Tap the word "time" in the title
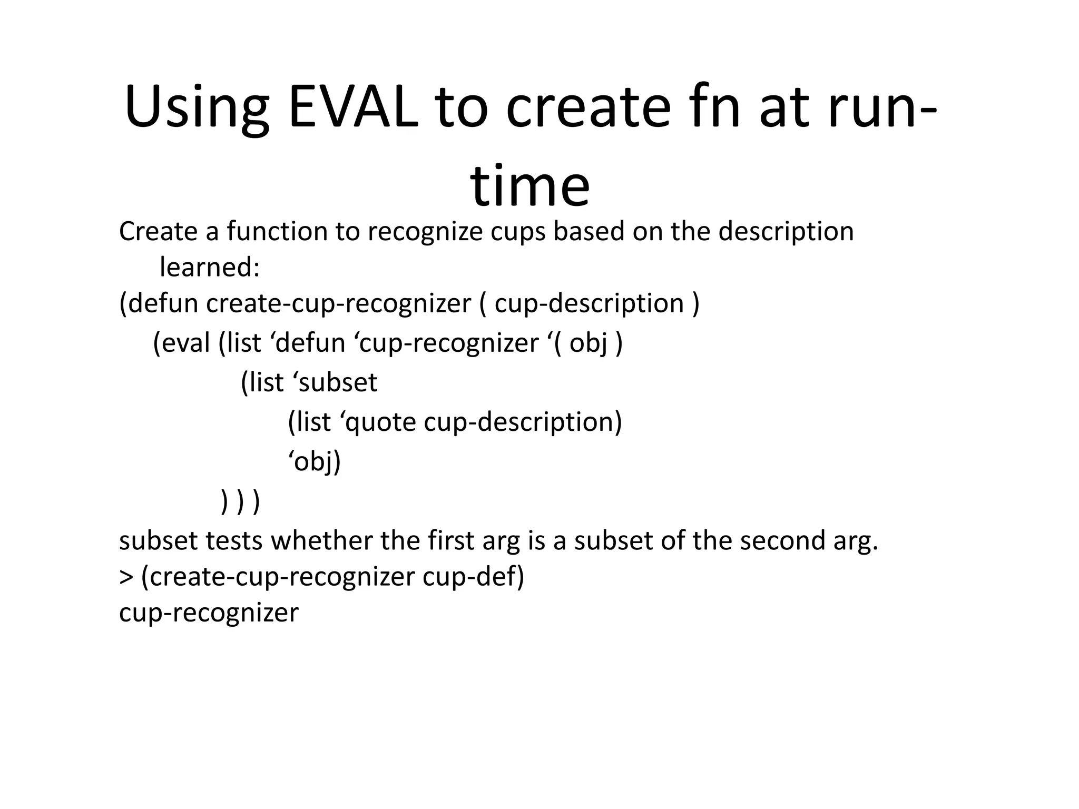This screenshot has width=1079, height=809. [530, 186]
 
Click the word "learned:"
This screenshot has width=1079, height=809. [210, 268]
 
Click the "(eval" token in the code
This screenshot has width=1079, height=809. [181, 343]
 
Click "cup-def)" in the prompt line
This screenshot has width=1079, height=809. [473, 577]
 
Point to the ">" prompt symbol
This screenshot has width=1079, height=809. [126, 577]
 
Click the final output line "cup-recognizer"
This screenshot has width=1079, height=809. [209, 613]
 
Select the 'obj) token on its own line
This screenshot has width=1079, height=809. [315, 462]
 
